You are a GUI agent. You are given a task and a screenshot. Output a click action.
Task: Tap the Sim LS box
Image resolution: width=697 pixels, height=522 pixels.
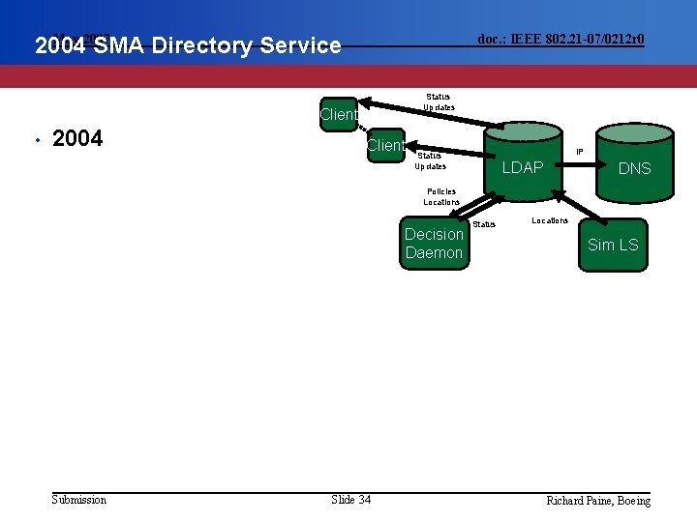coord(613,245)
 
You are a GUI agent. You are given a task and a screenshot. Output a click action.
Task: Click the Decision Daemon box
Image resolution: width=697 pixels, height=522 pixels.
coord(434,244)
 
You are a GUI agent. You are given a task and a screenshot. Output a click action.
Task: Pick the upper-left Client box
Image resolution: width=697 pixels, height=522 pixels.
coord(339,114)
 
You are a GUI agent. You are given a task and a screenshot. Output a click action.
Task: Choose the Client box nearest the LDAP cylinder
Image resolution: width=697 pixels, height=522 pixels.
coord(385,145)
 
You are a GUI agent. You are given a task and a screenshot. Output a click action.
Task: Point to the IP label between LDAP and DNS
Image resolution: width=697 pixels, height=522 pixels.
coord(580,151)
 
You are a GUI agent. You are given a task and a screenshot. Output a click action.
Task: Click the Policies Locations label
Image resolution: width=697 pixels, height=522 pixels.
coord(440,196)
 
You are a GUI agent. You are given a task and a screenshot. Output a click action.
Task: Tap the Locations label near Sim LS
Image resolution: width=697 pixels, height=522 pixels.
coord(550,220)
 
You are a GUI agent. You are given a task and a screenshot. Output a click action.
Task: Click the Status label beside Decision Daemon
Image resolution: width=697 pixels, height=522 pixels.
coord(484,224)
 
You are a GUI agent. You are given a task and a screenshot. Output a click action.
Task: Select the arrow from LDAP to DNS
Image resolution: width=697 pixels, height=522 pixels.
coord(579,160)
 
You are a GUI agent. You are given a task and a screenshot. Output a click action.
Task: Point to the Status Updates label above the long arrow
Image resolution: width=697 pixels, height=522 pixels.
coord(439,101)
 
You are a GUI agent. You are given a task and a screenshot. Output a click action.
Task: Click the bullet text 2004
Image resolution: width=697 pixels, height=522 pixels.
coord(77,139)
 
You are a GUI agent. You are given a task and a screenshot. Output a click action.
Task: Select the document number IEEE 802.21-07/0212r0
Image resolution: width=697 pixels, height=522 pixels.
coord(561,39)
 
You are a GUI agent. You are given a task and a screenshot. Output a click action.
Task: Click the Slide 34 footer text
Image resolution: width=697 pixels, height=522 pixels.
coord(350,499)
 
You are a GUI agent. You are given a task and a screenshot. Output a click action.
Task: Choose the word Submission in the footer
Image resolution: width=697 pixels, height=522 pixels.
coord(78,499)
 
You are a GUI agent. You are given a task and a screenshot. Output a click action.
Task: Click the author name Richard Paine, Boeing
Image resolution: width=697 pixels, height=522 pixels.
coord(598,500)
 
